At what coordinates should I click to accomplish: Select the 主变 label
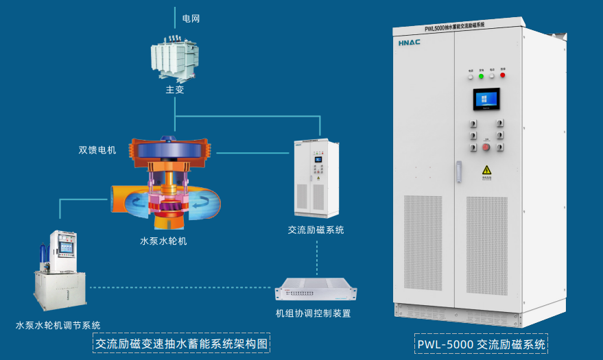tap(175, 90)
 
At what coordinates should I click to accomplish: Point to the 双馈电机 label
tap(97, 149)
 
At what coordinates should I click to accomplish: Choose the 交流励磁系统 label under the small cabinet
tap(316, 230)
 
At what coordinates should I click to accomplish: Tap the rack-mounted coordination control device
tap(316, 291)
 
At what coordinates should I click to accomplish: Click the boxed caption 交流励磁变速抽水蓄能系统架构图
tap(181, 344)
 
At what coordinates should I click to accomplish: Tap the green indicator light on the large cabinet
tap(481, 75)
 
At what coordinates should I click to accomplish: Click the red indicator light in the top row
tap(502, 75)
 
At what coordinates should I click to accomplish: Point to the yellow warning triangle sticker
tap(486, 170)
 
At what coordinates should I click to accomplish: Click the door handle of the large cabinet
tap(460, 171)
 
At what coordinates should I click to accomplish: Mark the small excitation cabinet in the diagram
tap(316, 178)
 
